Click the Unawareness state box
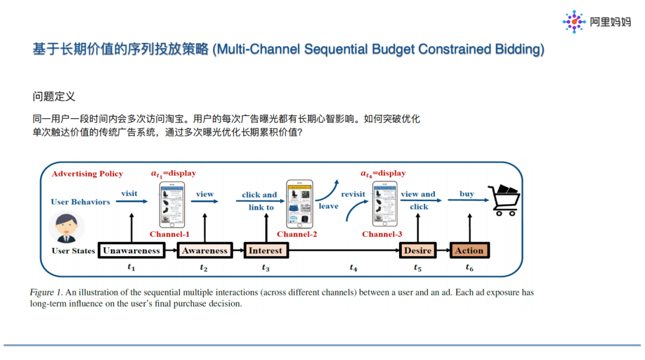coord(131,251)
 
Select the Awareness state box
coord(205,251)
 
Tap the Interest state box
coord(265,251)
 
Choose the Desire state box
coord(417,251)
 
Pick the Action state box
coord(469,251)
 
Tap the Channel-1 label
coord(170,235)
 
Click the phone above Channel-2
coord(299,204)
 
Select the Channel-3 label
coord(382,235)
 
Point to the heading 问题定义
coord(54,97)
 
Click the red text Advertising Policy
coord(87,174)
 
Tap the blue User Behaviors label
coord(81,202)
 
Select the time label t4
coord(354,268)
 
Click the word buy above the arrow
coord(467,193)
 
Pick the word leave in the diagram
coord(328,206)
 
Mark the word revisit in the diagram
coord(353,194)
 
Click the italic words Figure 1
coord(46,293)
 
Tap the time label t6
coord(469,268)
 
